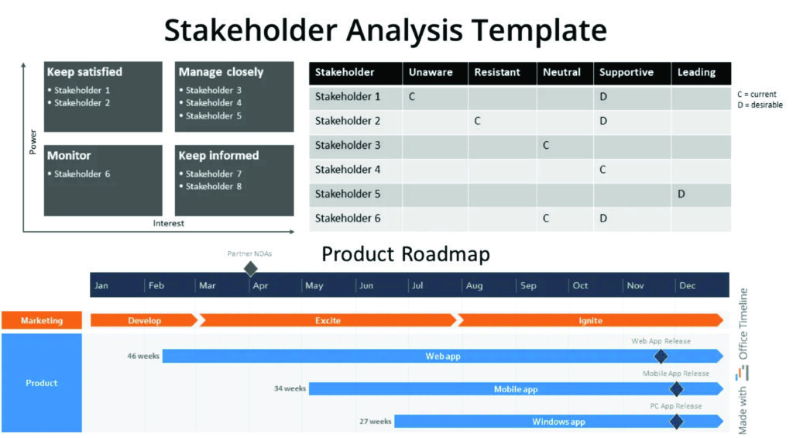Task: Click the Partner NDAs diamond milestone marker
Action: coord(250,269)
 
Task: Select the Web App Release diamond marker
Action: coord(661,357)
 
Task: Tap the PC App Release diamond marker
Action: coord(676,422)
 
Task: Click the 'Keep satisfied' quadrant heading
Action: coord(84,72)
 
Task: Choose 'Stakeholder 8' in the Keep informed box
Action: coord(214,186)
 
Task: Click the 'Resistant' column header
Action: coord(497,72)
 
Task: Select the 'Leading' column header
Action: coord(696,72)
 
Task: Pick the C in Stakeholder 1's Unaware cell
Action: coord(412,97)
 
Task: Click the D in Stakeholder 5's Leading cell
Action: coord(681,194)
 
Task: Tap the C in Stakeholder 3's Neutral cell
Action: coord(546,145)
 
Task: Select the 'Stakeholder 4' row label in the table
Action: coord(348,169)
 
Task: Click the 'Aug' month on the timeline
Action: coord(474,285)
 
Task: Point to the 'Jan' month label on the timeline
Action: coord(101,285)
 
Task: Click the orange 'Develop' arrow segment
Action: coord(144,320)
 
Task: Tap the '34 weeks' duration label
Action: coord(290,388)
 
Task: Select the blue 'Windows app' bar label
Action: coord(558,422)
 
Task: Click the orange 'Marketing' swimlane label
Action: coord(41,320)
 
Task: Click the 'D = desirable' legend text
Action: coord(760,105)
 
